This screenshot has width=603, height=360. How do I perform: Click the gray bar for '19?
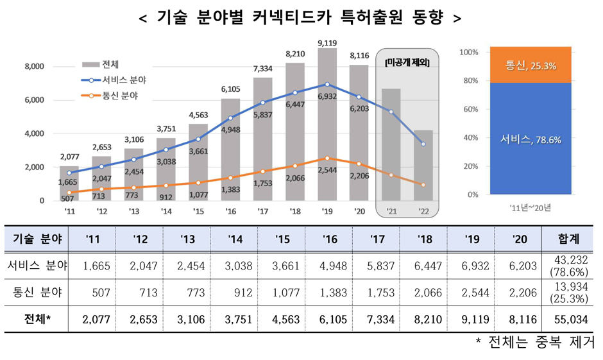pyautogui.click(x=327, y=128)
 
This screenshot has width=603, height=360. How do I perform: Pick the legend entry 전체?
pyautogui.click(x=110, y=65)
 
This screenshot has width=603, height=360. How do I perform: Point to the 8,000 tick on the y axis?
pyautogui.click(x=33, y=67)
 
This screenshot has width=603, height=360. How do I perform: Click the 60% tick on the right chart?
pyautogui.click(x=471, y=109)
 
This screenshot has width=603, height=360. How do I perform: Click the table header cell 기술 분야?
pyautogui.click(x=35, y=240)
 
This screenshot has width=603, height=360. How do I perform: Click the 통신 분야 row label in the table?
pyautogui.click(x=35, y=293)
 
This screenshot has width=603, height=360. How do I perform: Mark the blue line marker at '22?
pyautogui.click(x=423, y=144)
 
